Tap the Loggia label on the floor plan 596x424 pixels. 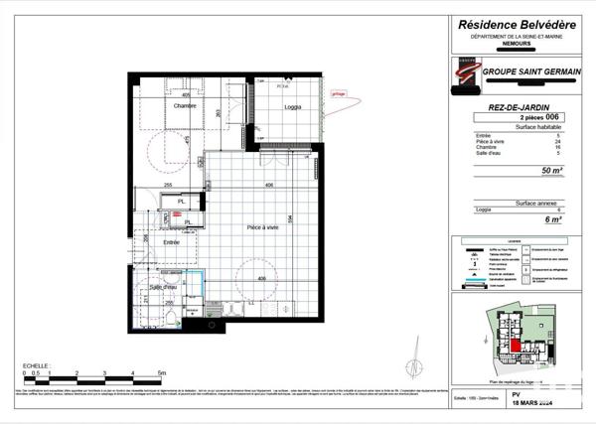tap(293, 106)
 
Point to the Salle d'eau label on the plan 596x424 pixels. tap(163, 287)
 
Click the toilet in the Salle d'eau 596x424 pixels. tap(171, 317)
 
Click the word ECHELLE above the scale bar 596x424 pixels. tap(36, 365)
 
